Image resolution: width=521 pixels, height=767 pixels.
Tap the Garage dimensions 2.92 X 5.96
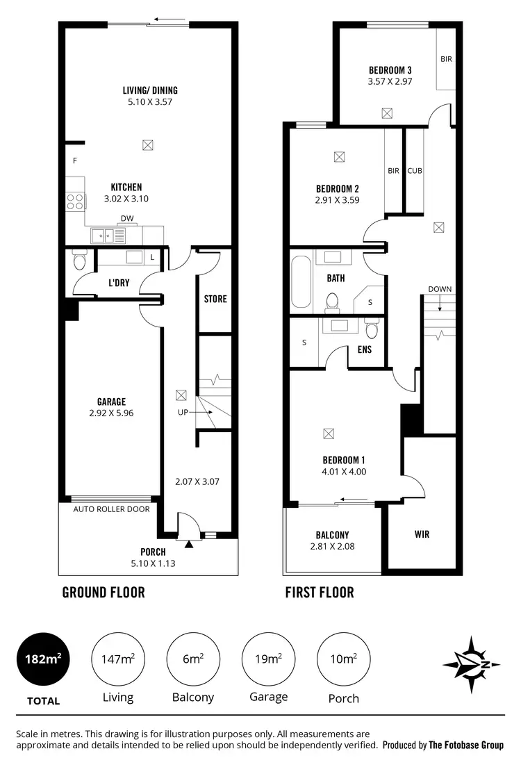pos(111,413)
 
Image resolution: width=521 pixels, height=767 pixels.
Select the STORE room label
pos(215,299)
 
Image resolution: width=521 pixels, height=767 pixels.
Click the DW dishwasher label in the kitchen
pos(127,218)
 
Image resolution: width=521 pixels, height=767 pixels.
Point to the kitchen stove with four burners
pos(76,201)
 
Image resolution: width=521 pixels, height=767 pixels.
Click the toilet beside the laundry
pos(78,262)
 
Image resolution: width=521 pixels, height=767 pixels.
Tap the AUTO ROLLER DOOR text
pos(111,509)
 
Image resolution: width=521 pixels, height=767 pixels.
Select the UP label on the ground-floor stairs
pos(182,412)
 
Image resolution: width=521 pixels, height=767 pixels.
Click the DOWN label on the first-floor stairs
pos(440,289)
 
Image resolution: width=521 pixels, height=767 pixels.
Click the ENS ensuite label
pos(364,349)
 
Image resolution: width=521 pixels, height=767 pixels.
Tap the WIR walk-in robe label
pos(422,534)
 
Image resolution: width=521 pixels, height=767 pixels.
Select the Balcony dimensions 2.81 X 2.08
pos(332,547)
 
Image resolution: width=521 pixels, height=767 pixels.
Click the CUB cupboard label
pos(415,171)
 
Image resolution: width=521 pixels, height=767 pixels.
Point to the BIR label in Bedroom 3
pos(446,60)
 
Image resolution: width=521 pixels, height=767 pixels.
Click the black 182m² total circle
pos(44,659)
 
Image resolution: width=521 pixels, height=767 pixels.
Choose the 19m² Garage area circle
pos(268,659)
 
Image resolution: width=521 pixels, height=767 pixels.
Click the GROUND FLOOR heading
pos(104,593)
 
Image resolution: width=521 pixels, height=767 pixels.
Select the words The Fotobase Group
pos(465,745)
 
